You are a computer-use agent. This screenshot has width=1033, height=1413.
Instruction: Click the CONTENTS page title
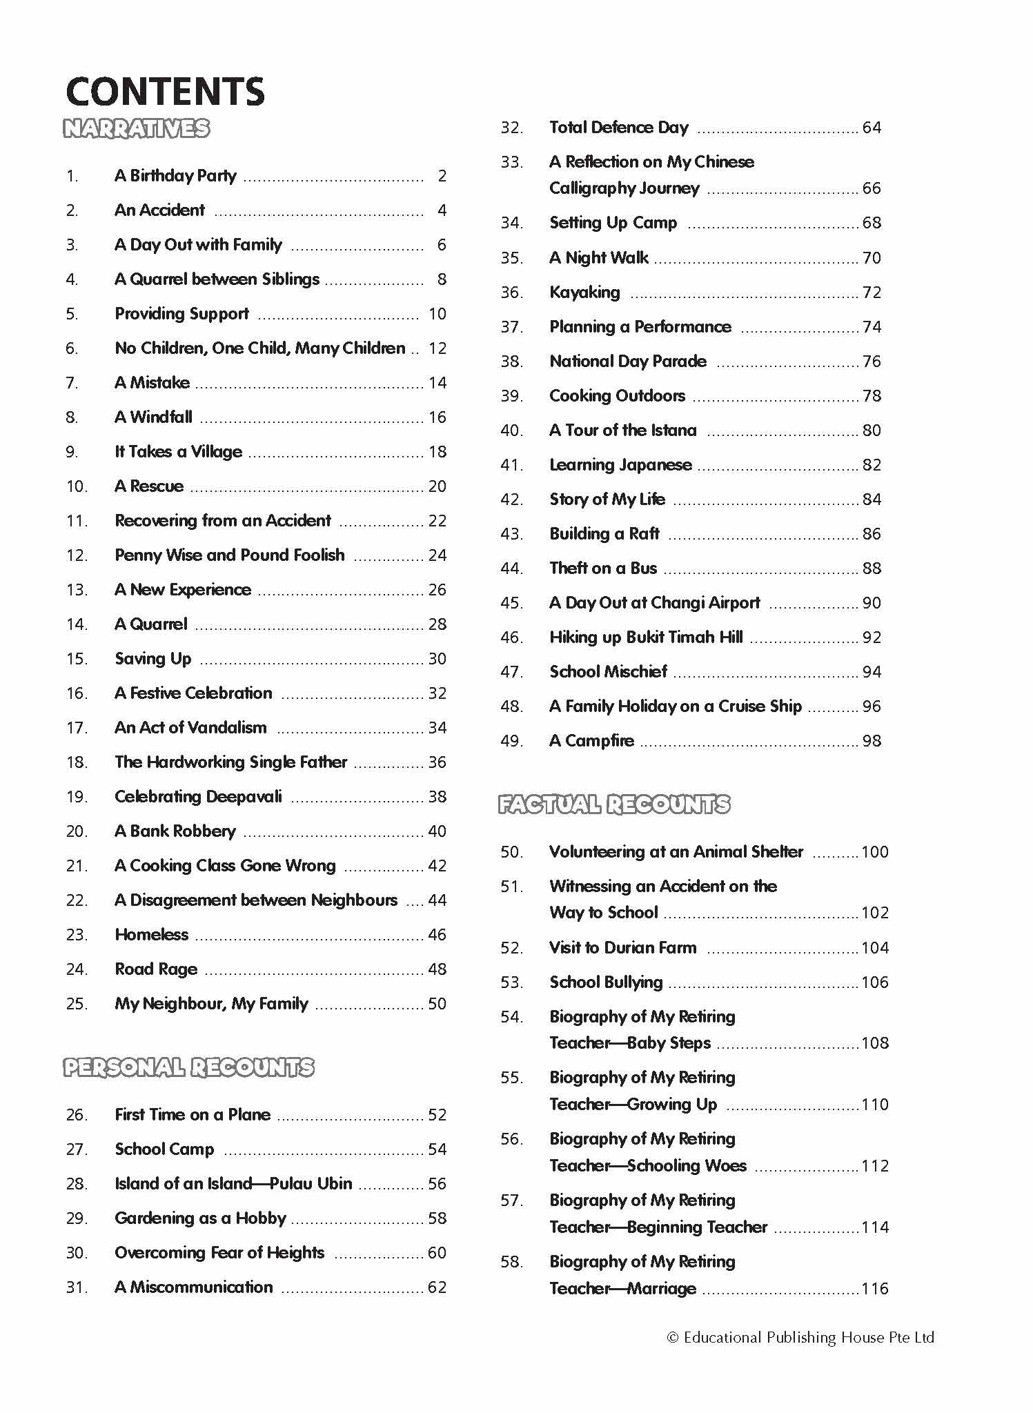pyautogui.click(x=165, y=92)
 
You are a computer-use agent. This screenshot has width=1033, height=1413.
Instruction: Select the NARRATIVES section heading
pyautogui.click(x=136, y=129)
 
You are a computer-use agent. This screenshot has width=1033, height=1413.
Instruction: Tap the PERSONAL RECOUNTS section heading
pyautogui.click(x=188, y=1067)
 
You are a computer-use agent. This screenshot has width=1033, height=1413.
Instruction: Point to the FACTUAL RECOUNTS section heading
pyautogui.click(x=613, y=804)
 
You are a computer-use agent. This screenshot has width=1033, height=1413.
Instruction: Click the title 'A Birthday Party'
pyautogui.click(x=175, y=176)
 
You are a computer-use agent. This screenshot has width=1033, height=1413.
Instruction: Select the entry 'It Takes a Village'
pyautogui.click(x=178, y=452)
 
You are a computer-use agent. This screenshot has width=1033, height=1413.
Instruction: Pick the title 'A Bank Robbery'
pyautogui.click(x=175, y=831)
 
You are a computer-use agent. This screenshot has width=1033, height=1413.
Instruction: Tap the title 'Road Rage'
pyautogui.click(x=156, y=969)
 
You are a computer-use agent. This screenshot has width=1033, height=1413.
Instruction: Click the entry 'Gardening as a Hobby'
pyautogui.click(x=200, y=1218)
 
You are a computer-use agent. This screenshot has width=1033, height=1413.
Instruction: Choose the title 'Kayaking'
pyautogui.click(x=584, y=293)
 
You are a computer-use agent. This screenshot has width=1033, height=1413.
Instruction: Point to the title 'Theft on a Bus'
pyautogui.click(x=603, y=569)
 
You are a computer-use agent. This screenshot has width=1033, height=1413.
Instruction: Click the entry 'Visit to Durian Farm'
pyautogui.click(x=622, y=948)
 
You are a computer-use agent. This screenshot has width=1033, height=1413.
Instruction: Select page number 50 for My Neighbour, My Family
pyautogui.click(x=437, y=1004)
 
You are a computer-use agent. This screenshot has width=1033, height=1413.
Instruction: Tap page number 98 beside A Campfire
pyautogui.click(x=872, y=741)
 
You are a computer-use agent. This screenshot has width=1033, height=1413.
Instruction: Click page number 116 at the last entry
pyautogui.click(x=874, y=1289)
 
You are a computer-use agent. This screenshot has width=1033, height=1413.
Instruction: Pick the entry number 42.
pyautogui.click(x=511, y=500)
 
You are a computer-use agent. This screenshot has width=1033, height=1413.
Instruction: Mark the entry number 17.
pyautogui.click(x=77, y=728)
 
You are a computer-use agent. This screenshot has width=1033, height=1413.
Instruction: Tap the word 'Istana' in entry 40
pyautogui.click(x=673, y=431)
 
